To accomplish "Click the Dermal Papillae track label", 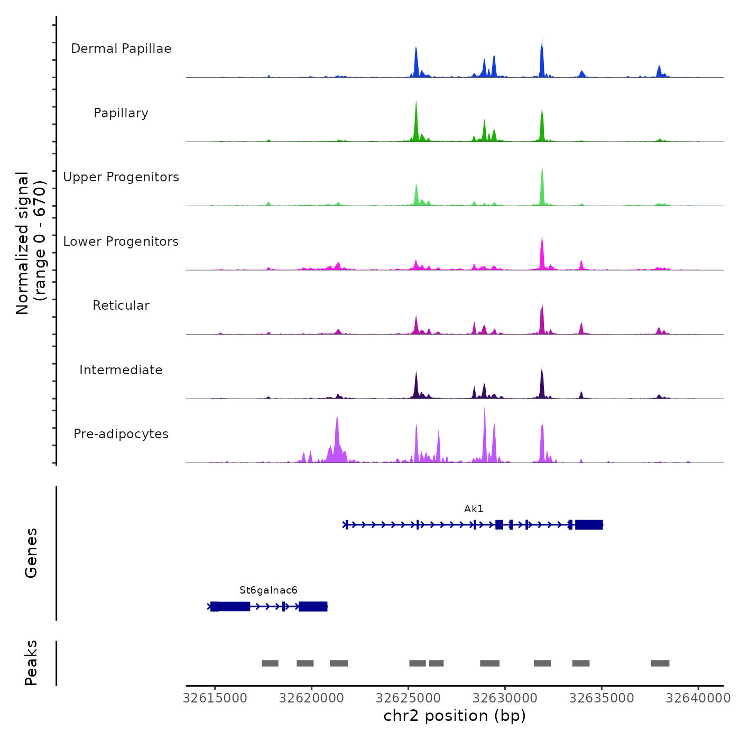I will click(x=121, y=49).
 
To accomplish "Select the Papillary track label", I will click(x=121, y=113).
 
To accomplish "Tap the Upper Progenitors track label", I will click(x=121, y=177).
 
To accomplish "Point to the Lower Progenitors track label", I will click(x=121, y=242).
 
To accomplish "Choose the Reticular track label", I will click(x=121, y=306).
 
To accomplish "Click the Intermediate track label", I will click(x=121, y=370).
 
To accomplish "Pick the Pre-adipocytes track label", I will click(x=121, y=434).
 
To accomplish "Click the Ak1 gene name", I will click(x=474, y=509).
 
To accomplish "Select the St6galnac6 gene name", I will click(x=269, y=590).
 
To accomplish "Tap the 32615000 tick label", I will click(x=215, y=698).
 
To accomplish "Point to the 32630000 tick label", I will click(x=505, y=698).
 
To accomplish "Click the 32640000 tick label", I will click(x=698, y=698).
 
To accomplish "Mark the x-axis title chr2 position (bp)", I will click(x=455, y=716).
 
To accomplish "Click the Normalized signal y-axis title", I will click(x=31, y=243).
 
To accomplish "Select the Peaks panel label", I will click(x=31, y=663).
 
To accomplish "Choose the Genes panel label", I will click(x=31, y=553).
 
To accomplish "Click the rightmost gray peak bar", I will click(x=660, y=663).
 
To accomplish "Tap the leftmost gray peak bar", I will click(x=270, y=663).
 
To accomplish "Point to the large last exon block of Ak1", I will click(x=589, y=525).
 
